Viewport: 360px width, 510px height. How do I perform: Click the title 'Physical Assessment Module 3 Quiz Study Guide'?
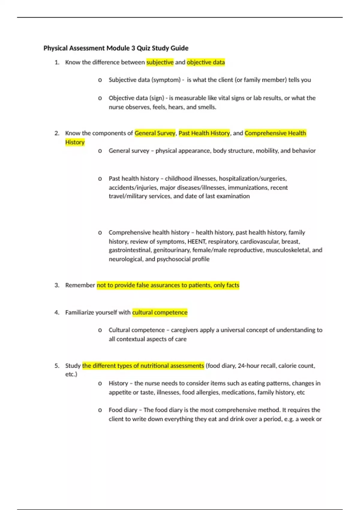pyautogui.click(x=116, y=48)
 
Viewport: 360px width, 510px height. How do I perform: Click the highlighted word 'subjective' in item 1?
pyautogui.click(x=160, y=62)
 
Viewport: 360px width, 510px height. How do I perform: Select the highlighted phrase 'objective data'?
pyautogui.click(x=205, y=62)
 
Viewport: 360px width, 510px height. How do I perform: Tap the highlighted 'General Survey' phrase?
pyautogui.click(x=155, y=133)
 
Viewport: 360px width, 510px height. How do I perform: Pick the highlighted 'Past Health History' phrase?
pyautogui.click(x=204, y=133)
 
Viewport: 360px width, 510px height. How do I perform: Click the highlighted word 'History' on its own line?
pyautogui.click(x=75, y=142)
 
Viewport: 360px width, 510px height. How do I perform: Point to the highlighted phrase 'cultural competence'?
pyautogui.click(x=160, y=313)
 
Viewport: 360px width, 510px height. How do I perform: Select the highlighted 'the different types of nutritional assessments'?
pyautogui.click(x=143, y=366)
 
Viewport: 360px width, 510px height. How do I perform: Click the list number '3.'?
pyautogui.click(x=57, y=285)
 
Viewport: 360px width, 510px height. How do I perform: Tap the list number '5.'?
pyautogui.click(x=57, y=366)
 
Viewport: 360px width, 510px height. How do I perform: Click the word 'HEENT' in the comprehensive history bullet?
pyautogui.click(x=196, y=241)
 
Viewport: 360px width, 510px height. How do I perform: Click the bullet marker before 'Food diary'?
pyautogui.click(x=100, y=410)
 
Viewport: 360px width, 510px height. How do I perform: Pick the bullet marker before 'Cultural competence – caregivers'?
pyautogui.click(x=100, y=330)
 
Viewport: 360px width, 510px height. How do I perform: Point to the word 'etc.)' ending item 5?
pyautogui.click(x=71, y=374)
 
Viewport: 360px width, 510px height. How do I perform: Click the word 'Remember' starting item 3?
pyautogui.click(x=80, y=285)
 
